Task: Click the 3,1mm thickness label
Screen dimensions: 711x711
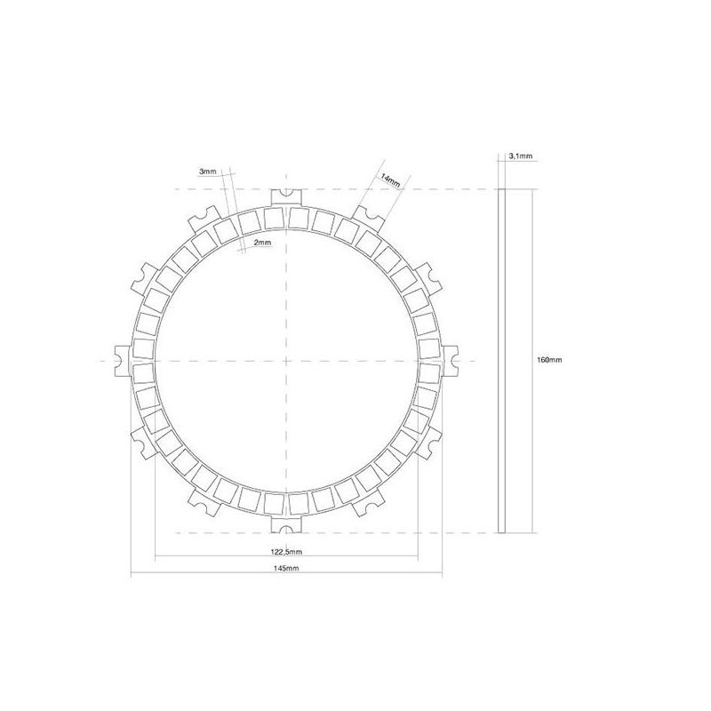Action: tap(521, 156)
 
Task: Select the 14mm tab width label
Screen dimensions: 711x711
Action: tap(390, 180)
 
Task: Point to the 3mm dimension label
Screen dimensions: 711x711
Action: tap(208, 172)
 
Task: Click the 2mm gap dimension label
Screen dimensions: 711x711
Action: tap(262, 243)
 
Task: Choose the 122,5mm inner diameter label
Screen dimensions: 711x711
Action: tap(286, 552)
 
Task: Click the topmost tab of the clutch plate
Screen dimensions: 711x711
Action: tap(286, 198)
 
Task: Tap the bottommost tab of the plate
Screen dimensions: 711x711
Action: tap(286, 523)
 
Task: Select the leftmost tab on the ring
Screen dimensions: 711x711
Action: tap(124, 361)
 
